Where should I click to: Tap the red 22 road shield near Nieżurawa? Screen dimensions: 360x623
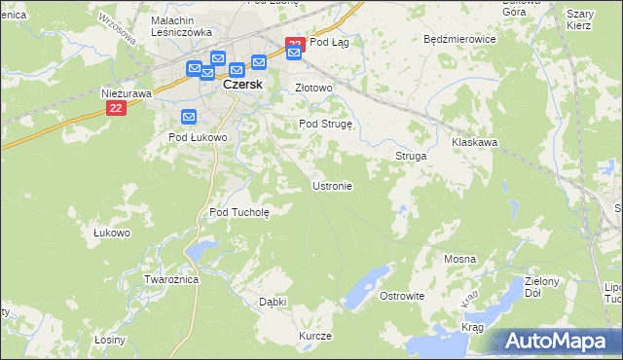pyautogui.click(x=116, y=110)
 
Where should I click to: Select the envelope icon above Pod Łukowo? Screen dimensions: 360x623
pyautogui.click(x=189, y=118)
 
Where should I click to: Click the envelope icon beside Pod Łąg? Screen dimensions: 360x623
pyautogui.click(x=294, y=54)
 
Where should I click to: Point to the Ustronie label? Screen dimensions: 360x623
pyautogui.click(x=331, y=185)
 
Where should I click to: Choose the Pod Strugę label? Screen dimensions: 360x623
pyautogui.click(x=330, y=125)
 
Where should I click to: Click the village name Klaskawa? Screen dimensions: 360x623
pyautogui.click(x=475, y=142)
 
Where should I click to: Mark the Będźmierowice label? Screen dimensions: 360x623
pyautogui.click(x=460, y=40)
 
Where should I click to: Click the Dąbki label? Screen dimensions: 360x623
pyautogui.click(x=273, y=302)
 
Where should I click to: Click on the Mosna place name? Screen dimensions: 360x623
pyautogui.click(x=459, y=259)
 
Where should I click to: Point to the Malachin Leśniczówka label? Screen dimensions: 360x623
pyautogui.click(x=182, y=26)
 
